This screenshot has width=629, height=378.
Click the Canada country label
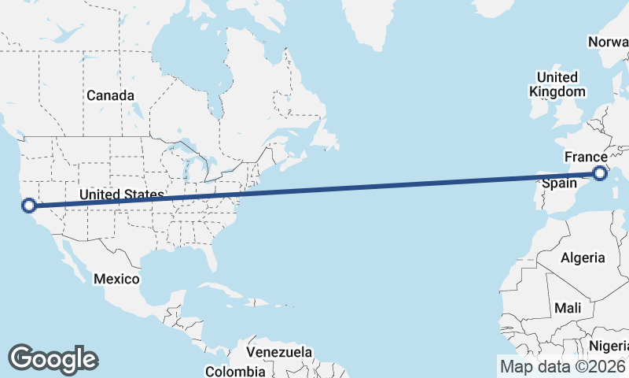coord(110,95)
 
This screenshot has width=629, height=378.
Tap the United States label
coord(121,195)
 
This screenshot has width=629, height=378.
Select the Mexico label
coord(116,279)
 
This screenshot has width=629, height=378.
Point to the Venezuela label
coord(279,352)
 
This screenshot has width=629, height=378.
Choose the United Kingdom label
coord(557,84)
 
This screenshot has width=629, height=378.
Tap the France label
coord(586,157)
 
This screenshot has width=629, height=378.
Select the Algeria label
coord(583,258)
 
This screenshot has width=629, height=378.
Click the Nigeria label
coord(610,346)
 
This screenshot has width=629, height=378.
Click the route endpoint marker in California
coord(29,206)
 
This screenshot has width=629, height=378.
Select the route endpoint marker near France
coord(600,173)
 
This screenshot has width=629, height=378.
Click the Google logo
coord(53,359)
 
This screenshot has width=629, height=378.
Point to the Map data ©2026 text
coord(563,366)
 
